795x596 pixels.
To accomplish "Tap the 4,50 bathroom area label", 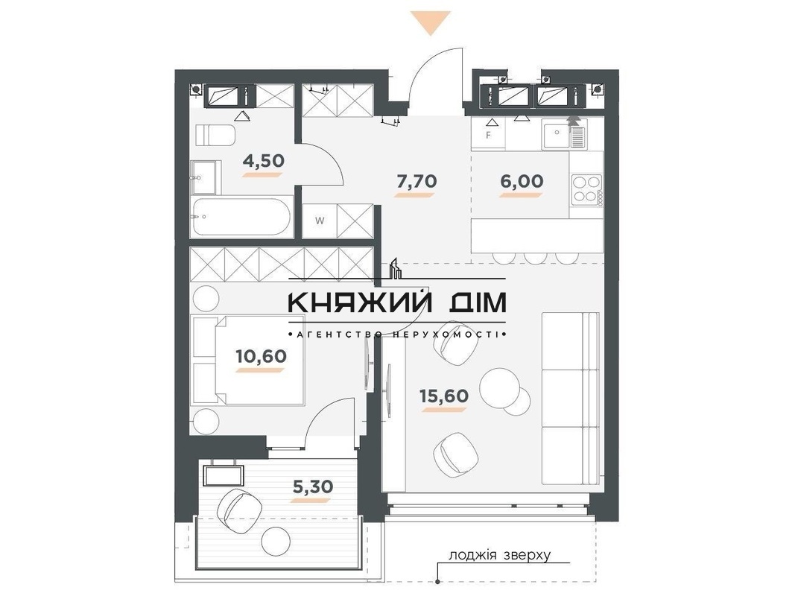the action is [x=263, y=161].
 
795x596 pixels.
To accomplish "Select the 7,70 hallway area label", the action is [x=416, y=181].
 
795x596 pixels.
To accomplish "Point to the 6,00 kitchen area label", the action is [x=522, y=181].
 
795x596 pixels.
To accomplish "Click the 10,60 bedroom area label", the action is [x=261, y=356].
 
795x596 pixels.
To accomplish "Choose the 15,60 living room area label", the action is [x=444, y=396].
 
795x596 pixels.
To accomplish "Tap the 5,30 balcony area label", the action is [x=313, y=486].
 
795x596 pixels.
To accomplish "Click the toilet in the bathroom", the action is [x=215, y=136].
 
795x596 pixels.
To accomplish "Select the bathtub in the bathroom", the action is [x=242, y=217].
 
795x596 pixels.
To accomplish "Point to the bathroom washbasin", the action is [x=206, y=177].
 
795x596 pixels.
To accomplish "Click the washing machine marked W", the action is [x=320, y=221].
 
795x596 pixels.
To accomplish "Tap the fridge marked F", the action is [x=488, y=135].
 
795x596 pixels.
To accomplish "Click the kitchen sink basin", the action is [x=556, y=134].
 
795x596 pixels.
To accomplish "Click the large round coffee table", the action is [x=499, y=387].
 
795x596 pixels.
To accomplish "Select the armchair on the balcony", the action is [x=238, y=511].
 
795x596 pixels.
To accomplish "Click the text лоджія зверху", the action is [x=499, y=555].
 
